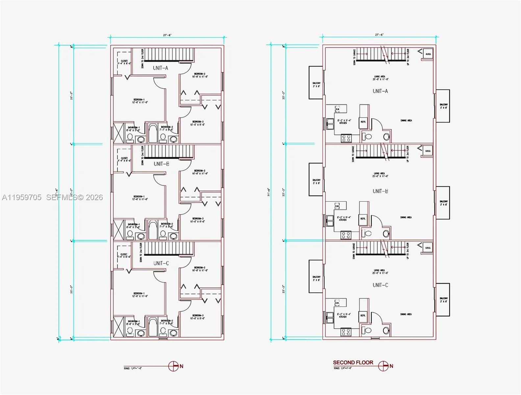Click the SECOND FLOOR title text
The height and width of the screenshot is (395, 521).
click(x=353, y=362)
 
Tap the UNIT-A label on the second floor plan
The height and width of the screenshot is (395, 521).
click(x=380, y=91)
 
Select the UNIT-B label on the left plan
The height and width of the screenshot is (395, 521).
click(x=161, y=164)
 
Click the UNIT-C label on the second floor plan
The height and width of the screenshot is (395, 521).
click(x=380, y=285)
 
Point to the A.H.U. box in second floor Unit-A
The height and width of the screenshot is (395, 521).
click(x=428, y=54)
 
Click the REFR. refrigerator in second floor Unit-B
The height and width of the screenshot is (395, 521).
click(x=363, y=219)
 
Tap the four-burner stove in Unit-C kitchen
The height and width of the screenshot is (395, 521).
click(x=346, y=331)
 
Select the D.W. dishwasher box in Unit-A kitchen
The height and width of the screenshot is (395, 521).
click(x=337, y=109)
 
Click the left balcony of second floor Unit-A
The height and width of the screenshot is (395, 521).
click(x=316, y=83)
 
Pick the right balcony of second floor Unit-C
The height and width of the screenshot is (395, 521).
click(x=443, y=300)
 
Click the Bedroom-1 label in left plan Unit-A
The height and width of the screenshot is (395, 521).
click(x=140, y=101)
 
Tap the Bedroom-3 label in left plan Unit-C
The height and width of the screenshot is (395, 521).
click(x=198, y=317)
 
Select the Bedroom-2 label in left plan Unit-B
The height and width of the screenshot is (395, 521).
click(x=200, y=172)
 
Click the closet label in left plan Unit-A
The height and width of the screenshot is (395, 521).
click(x=124, y=62)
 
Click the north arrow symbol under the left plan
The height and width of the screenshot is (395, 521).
click(x=173, y=366)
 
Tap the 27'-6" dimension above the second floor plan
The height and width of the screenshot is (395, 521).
click(x=379, y=35)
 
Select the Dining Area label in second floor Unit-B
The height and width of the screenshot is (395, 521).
click(x=406, y=217)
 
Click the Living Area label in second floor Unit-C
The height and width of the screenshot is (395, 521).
click(x=379, y=272)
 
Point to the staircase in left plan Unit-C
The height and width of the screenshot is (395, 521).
click(x=169, y=249)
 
